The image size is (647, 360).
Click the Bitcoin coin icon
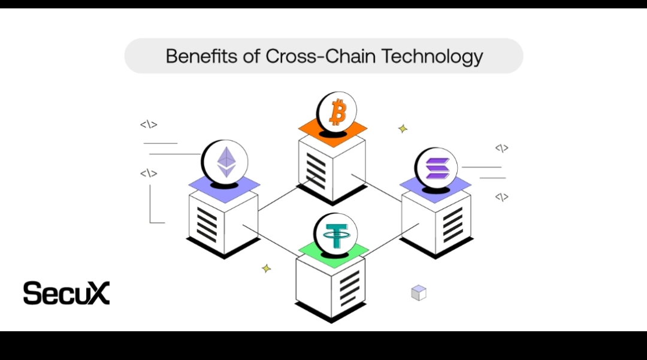336,111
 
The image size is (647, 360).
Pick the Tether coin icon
335,233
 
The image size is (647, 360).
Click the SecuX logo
66,293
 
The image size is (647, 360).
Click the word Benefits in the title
202,56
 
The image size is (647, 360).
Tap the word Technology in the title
433,56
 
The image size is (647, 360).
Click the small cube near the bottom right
418,293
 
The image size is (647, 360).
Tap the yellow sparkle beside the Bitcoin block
403,128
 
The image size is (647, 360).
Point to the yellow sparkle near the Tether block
267,268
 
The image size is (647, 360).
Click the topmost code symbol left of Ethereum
149,125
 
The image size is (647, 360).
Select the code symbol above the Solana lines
501,148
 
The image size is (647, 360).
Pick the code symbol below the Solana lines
501,196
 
